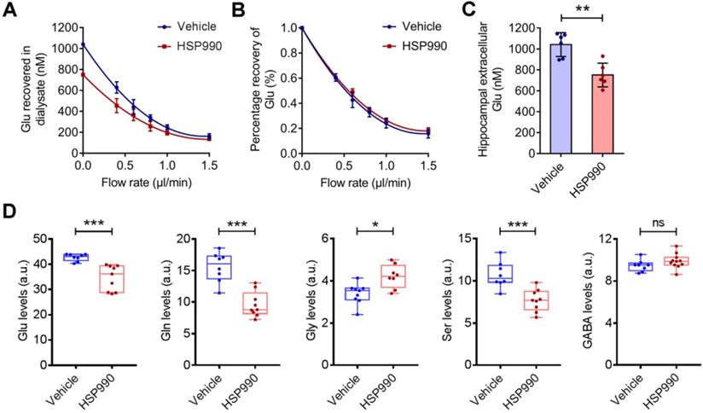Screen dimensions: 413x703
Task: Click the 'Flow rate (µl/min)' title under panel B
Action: tap(363, 183)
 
